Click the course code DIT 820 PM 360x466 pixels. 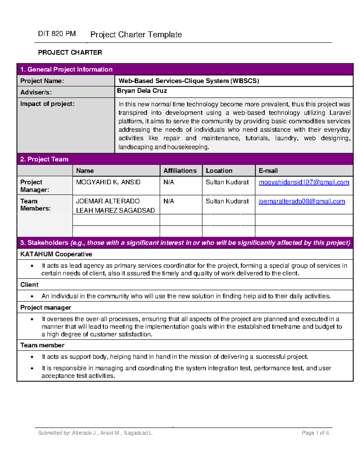[x=57, y=34]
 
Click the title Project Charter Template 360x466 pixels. [x=136, y=35]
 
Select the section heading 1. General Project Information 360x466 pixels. [x=66, y=69]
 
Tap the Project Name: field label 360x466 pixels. [x=42, y=81]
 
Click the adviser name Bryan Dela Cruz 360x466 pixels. [x=142, y=91]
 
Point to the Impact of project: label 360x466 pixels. [x=47, y=104]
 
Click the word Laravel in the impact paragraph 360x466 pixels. [x=340, y=113]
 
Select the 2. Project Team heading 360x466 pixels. [x=44, y=159]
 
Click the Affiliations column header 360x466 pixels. [x=180, y=170]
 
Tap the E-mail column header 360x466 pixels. [x=268, y=170]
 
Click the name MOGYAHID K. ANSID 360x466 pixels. [x=108, y=182]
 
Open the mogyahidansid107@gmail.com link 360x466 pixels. [x=304, y=182]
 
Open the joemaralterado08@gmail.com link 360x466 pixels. [x=301, y=201]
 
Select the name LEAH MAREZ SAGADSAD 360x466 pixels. [x=115, y=210]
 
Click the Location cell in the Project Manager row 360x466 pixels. [x=227, y=182]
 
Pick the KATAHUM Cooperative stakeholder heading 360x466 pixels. [x=56, y=254]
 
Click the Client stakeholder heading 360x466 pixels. [x=29, y=284]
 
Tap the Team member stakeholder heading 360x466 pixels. [x=42, y=345]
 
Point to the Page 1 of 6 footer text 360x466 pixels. [x=315, y=433]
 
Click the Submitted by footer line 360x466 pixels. [x=95, y=433]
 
